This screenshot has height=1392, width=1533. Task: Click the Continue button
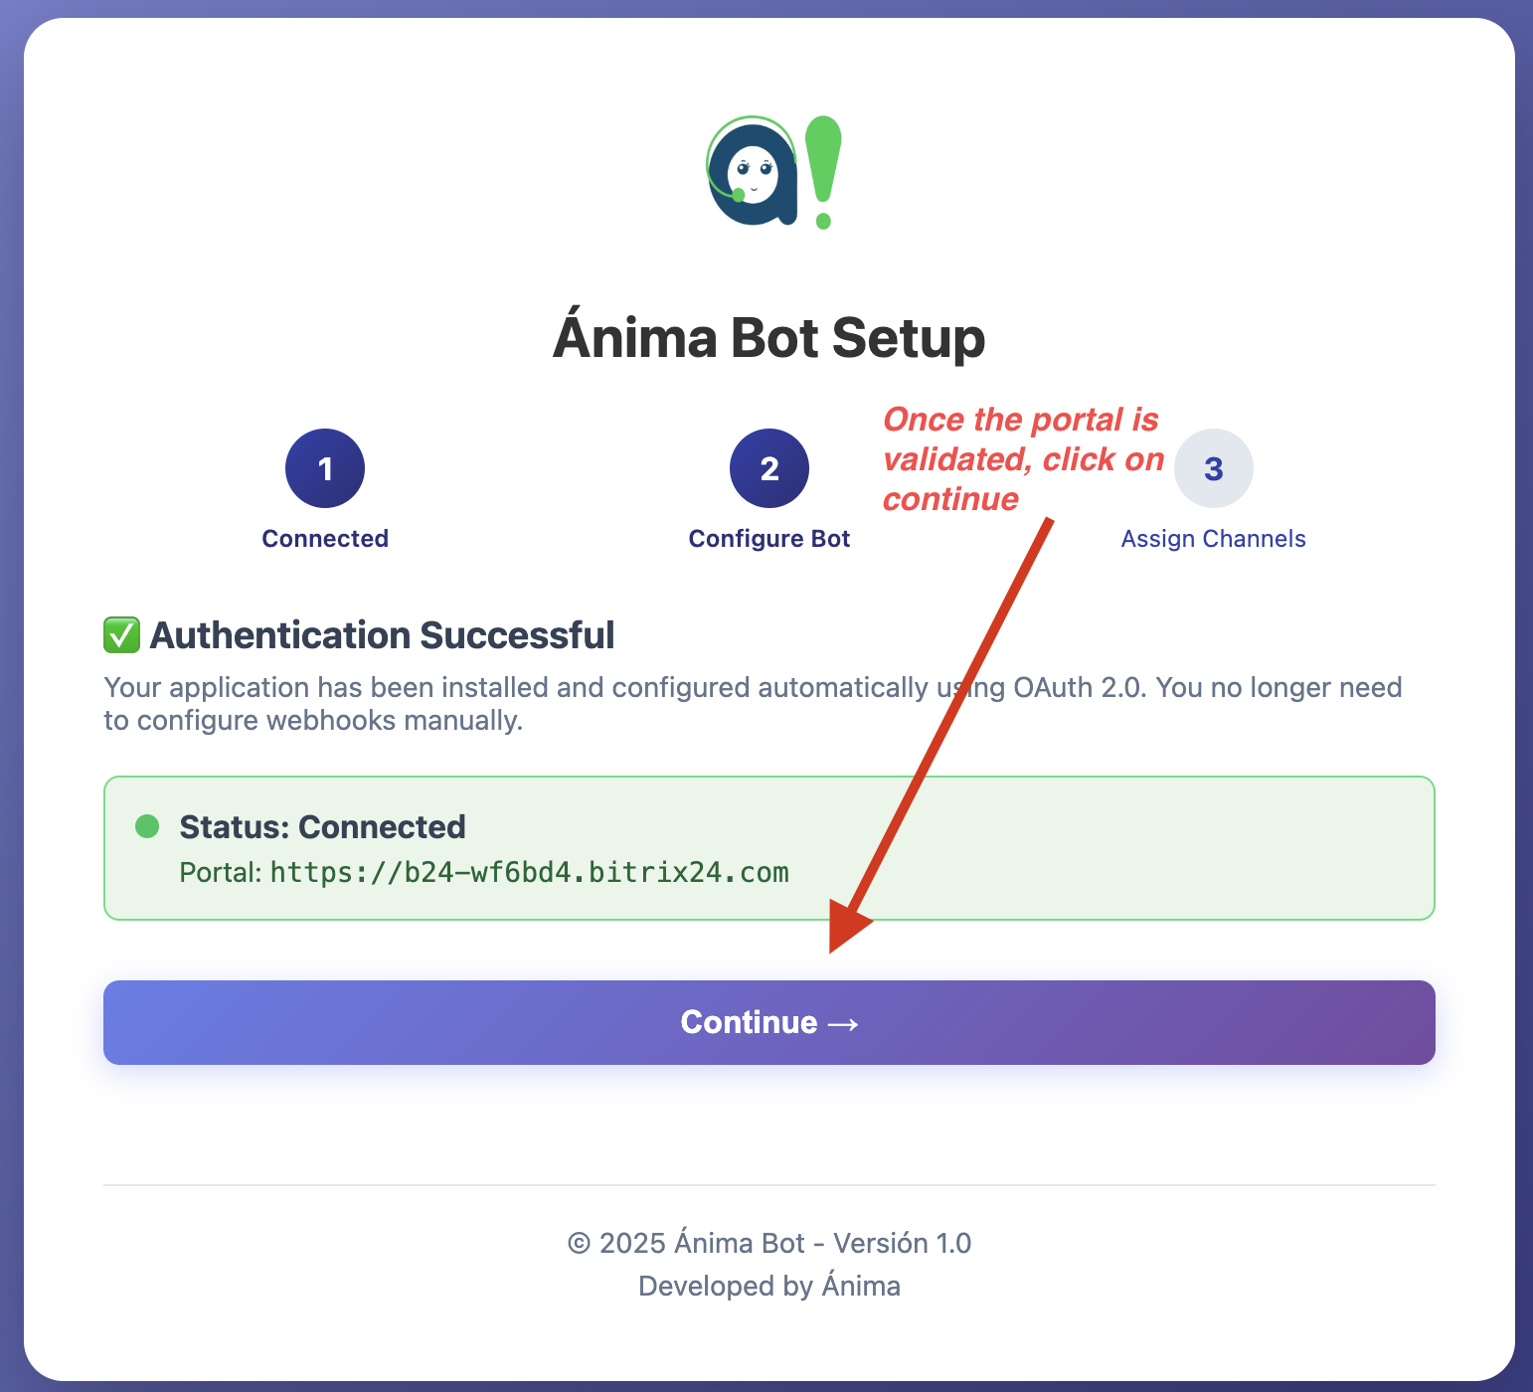click(768, 1022)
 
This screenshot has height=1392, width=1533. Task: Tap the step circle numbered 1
click(325, 468)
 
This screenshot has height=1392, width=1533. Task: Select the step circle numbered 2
click(768, 468)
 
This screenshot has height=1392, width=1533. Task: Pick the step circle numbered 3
click(1213, 468)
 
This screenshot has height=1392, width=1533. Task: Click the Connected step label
click(325, 539)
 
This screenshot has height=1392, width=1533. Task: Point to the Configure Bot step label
click(768, 539)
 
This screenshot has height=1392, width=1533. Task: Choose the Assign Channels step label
click(1213, 539)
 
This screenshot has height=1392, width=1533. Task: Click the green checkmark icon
click(121, 635)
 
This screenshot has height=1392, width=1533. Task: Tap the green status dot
click(147, 826)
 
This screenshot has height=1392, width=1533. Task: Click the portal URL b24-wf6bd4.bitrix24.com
click(529, 873)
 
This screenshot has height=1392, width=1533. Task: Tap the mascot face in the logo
click(753, 173)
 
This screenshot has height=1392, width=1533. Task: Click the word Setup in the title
click(908, 338)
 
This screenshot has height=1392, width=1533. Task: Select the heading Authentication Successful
click(382, 635)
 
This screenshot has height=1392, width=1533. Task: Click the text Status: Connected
click(322, 827)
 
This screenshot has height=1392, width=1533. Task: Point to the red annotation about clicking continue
click(1022, 459)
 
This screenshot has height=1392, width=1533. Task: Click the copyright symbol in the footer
click(579, 1244)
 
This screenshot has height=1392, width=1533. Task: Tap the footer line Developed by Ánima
click(768, 1287)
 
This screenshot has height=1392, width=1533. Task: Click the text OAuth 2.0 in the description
click(1078, 688)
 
